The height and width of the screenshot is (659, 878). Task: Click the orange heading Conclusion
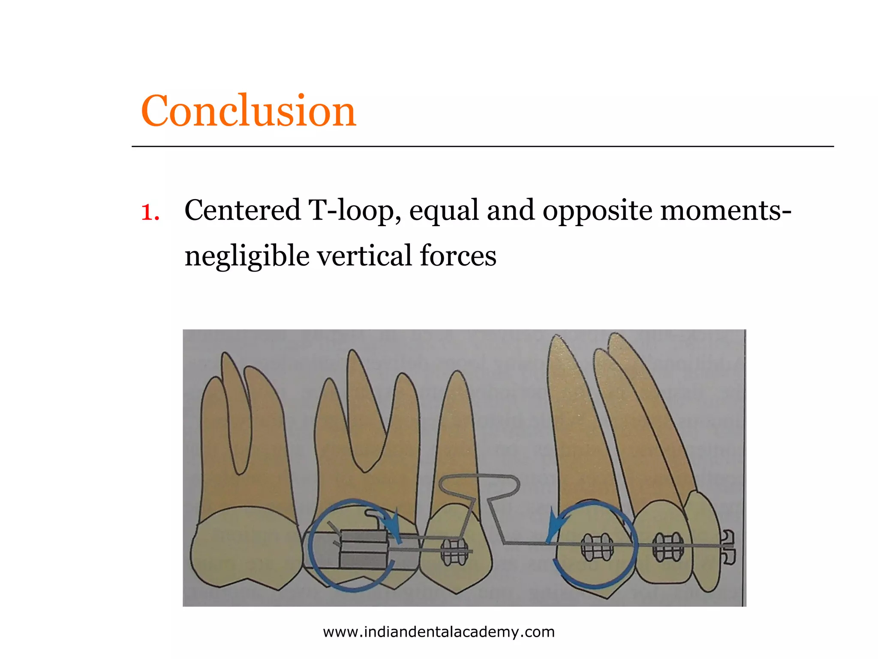[x=248, y=111]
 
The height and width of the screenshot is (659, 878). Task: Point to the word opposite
[x=597, y=212]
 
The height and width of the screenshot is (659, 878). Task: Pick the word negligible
[x=247, y=256]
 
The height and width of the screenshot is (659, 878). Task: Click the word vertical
[x=364, y=256]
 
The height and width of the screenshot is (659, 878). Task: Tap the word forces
[x=458, y=256]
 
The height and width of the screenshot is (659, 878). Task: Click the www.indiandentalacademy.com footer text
[x=439, y=632]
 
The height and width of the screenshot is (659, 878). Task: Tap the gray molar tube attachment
[x=364, y=549]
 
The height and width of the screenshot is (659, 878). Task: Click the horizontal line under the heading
[x=482, y=146]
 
